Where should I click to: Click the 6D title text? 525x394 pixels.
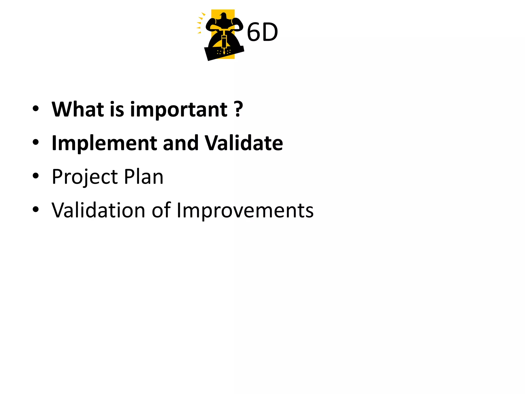coord(262,32)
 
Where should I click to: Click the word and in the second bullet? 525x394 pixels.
coord(180,143)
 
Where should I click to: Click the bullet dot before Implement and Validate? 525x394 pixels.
coord(36,142)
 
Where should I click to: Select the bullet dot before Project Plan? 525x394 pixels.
coord(36,176)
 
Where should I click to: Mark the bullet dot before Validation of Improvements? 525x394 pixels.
coord(36,210)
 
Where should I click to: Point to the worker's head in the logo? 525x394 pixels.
coord(224,16)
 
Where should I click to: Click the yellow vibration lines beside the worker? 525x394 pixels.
coord(200,23)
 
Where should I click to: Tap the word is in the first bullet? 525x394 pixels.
coord(117,110)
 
